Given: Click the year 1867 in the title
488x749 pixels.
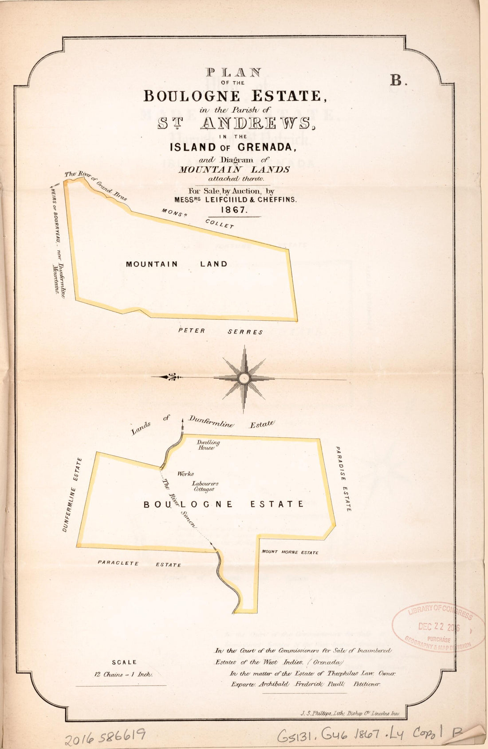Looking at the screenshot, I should click(x=236, y=210).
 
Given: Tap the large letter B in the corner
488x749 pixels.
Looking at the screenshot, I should click(x=398, y=81).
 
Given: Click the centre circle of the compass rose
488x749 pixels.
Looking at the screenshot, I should click(x=243, y=378).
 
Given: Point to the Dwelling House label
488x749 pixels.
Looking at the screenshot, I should click(x=208, y=445).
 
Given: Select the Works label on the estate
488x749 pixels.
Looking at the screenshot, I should click(x=185, y=474).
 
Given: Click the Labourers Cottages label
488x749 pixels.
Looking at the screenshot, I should click(x=205, y=486).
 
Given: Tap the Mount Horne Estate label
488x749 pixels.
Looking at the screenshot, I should click(x=290, y=552).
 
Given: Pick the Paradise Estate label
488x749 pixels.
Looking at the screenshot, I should click(x=342, y=479).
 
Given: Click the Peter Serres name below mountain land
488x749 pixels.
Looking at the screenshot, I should click(x=220, y=331).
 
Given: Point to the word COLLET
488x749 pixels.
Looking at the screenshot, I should click(x=219, y=224).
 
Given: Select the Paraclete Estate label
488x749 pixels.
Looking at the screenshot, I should click(x=139, y=564).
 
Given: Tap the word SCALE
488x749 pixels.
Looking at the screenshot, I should click(x=124, y=662).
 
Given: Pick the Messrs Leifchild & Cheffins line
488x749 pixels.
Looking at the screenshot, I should click(x=235, y=200).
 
